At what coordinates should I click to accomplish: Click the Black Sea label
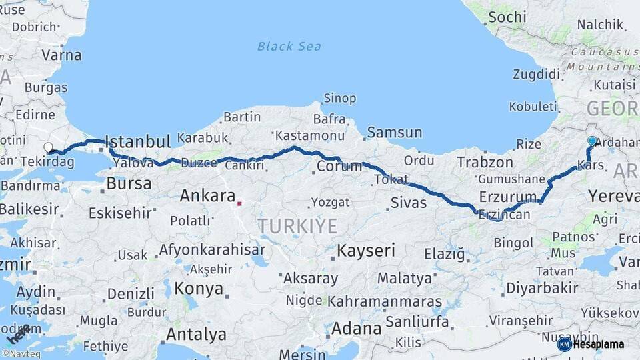point(289,46)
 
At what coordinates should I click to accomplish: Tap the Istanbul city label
point(138,141)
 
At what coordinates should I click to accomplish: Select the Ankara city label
point(207,196)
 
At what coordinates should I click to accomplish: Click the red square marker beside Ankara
point(239,203)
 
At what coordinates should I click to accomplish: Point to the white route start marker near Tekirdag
point(48,147)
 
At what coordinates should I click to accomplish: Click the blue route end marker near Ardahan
point(592,141)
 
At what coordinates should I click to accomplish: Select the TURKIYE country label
point(298,226)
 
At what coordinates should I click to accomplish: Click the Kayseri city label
point(366,251)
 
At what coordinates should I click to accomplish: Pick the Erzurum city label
point(508,197)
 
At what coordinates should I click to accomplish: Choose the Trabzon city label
point(485,162)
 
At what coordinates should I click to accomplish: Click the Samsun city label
point(394,133)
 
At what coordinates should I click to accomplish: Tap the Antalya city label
point(196,334)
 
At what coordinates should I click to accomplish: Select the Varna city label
point(61,55)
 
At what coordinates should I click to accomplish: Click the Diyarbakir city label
point(542,288)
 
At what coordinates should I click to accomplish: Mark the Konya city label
point(199,289)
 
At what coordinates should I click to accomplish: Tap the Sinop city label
point(339,99)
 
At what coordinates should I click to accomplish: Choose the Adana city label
point(356,328)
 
